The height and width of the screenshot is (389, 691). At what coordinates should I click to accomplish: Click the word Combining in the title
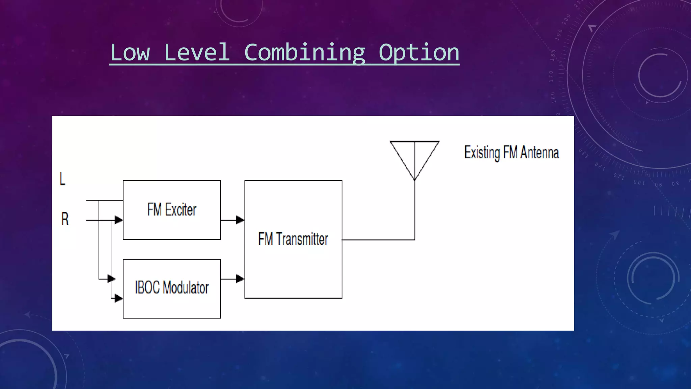[304, 53]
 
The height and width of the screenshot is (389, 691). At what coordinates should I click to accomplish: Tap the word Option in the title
[419, 53]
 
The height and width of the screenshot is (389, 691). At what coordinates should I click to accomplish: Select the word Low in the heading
[130, 53]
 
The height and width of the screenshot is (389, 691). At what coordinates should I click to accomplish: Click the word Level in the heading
[197, 53]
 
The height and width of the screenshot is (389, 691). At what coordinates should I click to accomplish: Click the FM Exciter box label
[172, 209]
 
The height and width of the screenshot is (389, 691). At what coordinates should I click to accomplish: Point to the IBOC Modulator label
[172, 288]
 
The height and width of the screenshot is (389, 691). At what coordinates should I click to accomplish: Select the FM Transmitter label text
[293, 239]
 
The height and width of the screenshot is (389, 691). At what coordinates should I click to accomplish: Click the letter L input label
[62, 179]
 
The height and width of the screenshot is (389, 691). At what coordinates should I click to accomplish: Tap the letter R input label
[65, 219]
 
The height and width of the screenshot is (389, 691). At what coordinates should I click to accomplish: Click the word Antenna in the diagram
[539, 153]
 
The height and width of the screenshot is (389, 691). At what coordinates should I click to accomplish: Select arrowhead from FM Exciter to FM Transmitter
[240, 220]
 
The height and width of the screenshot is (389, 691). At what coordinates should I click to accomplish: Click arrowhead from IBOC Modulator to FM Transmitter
[240, 279]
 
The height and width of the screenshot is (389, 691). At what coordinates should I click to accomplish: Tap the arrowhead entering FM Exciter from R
[118, 220]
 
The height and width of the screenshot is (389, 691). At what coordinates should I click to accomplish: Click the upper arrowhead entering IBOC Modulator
[111, 279]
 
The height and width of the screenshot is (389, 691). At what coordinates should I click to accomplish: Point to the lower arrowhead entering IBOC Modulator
[118, 299]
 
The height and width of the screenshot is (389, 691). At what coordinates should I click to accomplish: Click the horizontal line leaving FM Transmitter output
[378, 239]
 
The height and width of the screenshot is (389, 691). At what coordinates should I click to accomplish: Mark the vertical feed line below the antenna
[414, 209]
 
